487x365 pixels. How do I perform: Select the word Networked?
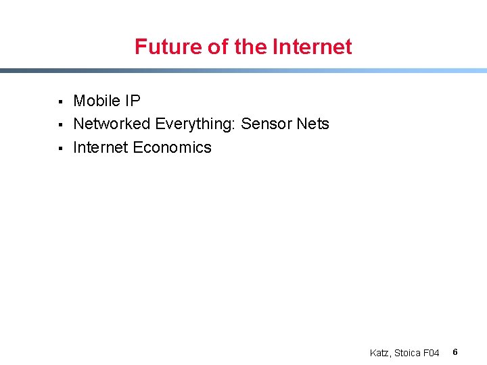click(112, 124)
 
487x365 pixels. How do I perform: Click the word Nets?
click(312, 124)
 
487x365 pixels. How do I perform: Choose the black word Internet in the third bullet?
click(101, 147)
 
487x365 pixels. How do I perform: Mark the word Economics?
click(172, 147)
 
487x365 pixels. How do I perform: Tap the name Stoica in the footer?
click(409, 353)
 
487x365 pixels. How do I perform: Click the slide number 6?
click(455, 352)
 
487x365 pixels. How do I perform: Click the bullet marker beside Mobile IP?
click(60, 102)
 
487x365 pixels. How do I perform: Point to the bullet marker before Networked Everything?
click(60, 125)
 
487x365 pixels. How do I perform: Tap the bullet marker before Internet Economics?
click(60, 148)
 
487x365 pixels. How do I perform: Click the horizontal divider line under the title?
click(243, 70)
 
